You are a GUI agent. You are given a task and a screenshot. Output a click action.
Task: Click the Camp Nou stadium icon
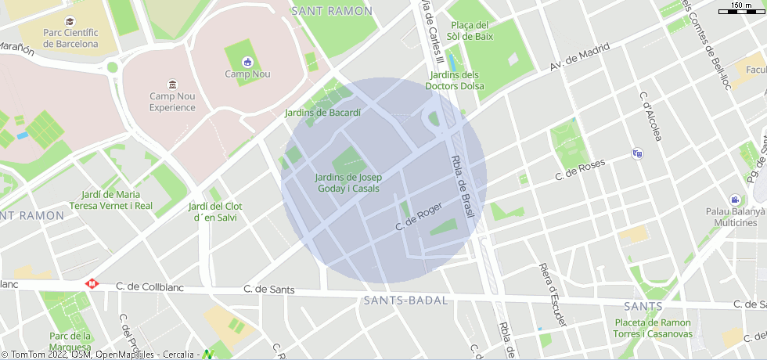click(247, 62)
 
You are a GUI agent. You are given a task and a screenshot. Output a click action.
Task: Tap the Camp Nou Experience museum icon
click(172, 85)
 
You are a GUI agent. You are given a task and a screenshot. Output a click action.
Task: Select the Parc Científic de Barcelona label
click(70, 38)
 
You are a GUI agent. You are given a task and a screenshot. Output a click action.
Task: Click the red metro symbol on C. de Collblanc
click(92, 284)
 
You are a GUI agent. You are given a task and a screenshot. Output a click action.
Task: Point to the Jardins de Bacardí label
click(322, 113)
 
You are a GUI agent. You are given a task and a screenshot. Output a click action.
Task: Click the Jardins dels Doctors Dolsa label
click(455, 81)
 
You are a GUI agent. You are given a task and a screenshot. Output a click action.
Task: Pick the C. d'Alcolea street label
click(650, 117)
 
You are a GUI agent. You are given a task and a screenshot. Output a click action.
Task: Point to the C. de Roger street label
click(419, 216)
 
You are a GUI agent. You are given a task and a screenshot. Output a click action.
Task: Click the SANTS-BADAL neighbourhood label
click(405, 301)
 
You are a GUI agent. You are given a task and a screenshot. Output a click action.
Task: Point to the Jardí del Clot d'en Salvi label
click(215, 211)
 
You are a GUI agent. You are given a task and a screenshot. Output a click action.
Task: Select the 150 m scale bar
click(741, 8)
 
